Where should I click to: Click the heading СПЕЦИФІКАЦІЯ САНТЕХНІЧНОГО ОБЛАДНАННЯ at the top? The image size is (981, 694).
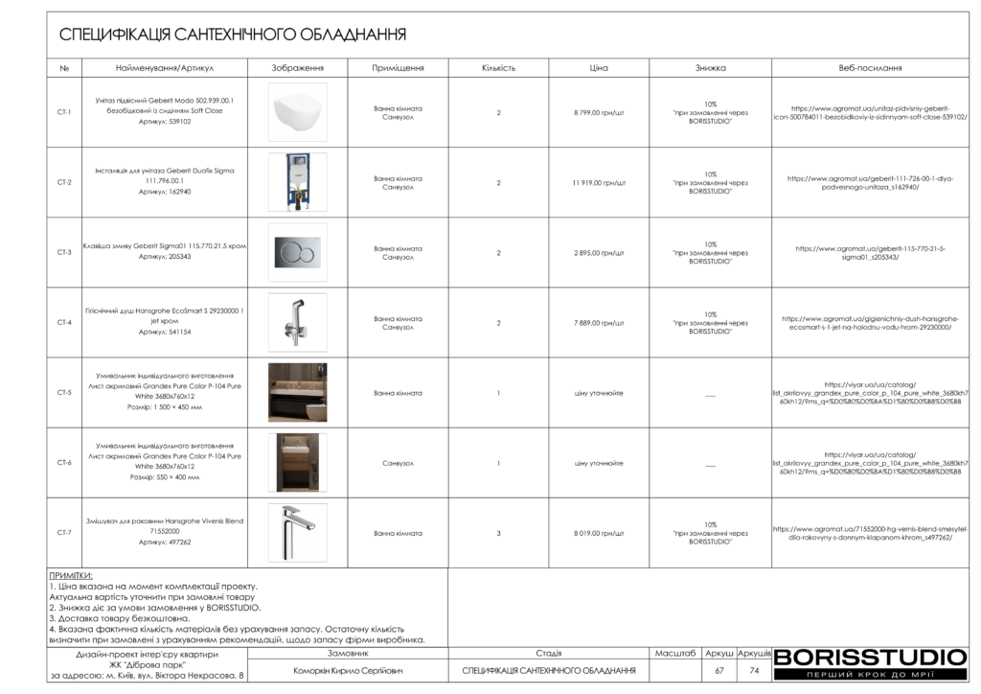(x=233, y=35)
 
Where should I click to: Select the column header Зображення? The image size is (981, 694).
(x=297, y=69)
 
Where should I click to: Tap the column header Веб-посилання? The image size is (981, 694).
(x=870, y=69)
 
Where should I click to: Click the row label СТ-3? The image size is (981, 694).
(x=64, y=253)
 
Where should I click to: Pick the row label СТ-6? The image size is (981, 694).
(x=64, y=463)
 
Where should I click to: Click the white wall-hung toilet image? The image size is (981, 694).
(x=297, y=112)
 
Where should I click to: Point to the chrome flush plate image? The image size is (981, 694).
(x=297, y=253)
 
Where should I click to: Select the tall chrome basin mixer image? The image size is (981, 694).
(x=297, y=532)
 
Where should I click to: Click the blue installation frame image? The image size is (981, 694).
(x=297, y=182)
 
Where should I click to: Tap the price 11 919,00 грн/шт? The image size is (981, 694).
(x=599, y=182)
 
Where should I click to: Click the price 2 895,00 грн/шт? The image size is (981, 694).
(x=599, y=253)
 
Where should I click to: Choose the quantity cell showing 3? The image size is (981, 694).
(x=498, y=533)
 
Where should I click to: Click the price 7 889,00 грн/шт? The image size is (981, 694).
(x=599, y=323)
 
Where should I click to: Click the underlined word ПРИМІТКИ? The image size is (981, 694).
(x=71, y=576)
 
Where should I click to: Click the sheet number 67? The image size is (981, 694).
(x=719, y=671)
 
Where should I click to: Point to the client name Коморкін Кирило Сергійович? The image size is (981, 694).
(x=348, y=671)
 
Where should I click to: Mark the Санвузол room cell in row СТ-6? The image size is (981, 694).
(x=398, y=463)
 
